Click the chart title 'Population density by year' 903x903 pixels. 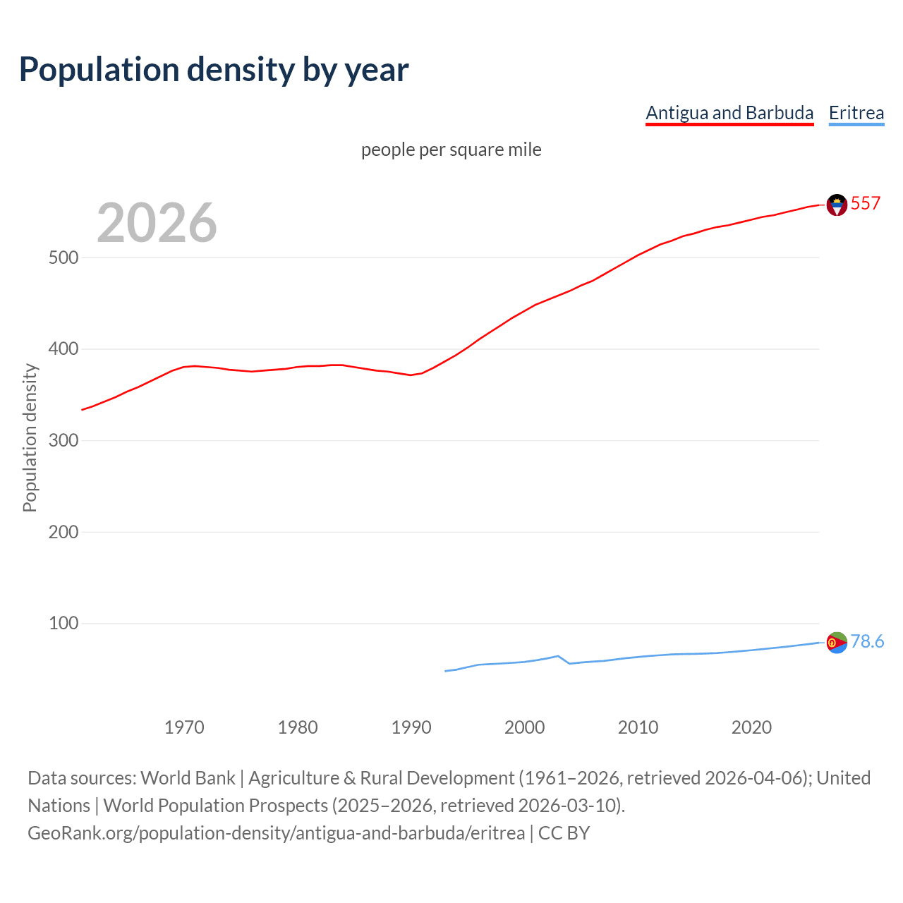click(x=214, y=69)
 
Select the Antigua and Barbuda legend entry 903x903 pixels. click(x=729, y=113)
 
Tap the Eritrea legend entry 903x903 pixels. click(x=856, y=113)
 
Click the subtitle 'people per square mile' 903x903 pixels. click(x=451, y=150)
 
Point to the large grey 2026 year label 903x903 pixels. click(x=157, y=223)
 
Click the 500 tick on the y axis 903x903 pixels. click(x=63, y=257)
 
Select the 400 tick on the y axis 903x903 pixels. click(x=63, y=349)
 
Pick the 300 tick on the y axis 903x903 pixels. click(x=63, y=440)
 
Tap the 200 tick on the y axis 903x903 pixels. click(x=63, y=532)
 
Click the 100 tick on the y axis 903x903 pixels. click(x=63, y=624)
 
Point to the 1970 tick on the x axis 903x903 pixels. click(x=184, y=727)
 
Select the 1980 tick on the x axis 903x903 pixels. click(x=298, y=727)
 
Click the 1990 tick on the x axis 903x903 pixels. click(x=411, y=727)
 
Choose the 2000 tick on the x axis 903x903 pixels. click(x=525, y=727)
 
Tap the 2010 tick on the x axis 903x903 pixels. click(x=638, y=727)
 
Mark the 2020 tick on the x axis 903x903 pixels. click(x=752, y=727)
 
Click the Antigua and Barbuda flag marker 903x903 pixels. click(x=837, y=205)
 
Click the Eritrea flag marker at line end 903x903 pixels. click(x=837, y=643)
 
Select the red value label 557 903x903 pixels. click(x=866, y=204)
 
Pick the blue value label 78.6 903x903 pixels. click(x=867, y=641)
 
